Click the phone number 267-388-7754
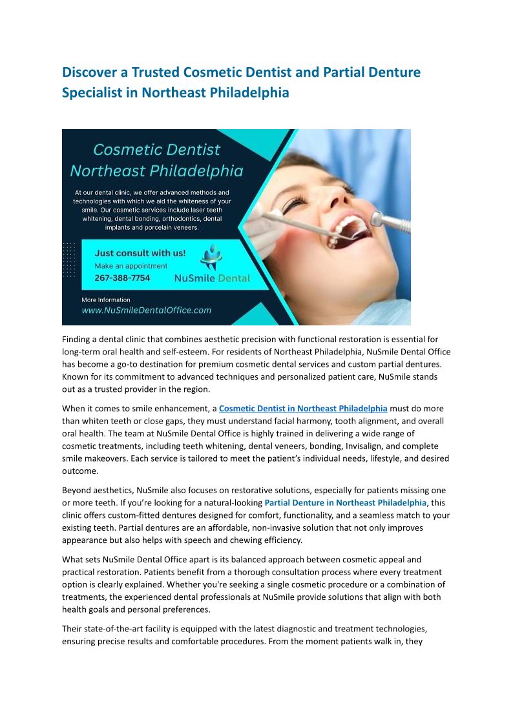(122, 278)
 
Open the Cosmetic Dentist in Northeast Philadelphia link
(303, 409)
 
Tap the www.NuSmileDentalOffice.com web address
(146, 311)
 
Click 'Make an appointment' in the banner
(131, 266)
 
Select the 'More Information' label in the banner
(105, 300)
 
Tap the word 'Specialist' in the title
(92, 92)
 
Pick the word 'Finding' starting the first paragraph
(78, 340)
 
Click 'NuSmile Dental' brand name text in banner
(213, 279)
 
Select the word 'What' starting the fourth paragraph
(73, 559)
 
